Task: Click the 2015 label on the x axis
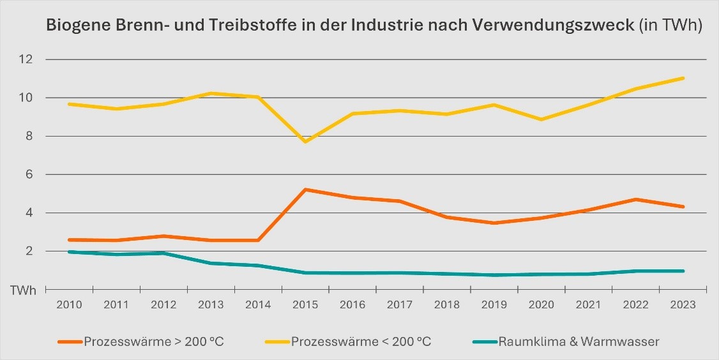[305, 305]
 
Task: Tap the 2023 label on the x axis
[683, 305]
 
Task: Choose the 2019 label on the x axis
[494, 305]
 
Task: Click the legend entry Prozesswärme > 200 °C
[153, 341]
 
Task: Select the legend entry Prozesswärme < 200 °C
[361, 341]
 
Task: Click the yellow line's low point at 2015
[305, 142]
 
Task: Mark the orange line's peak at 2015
[305, 190]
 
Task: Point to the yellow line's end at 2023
[683, 79]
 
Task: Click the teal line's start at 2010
[69, 252]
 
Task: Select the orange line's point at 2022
[636, 199]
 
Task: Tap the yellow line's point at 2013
[211, 93]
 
